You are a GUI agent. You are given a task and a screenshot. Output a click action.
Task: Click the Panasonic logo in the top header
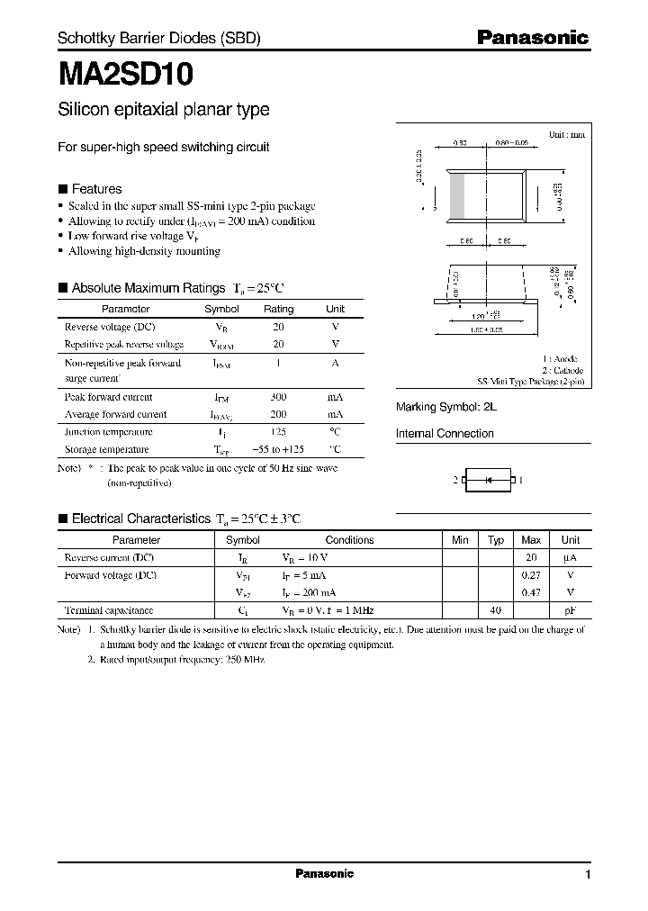coord(532,38)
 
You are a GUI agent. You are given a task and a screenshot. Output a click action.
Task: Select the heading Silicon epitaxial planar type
coord(163,110)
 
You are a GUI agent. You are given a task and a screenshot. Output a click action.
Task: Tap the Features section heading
coord(96,189)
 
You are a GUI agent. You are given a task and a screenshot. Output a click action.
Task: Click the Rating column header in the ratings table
coord(278,309)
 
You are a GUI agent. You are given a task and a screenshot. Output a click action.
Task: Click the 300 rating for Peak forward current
coord(278,397)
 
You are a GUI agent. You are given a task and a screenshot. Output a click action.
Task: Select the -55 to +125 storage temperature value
coord(278,449)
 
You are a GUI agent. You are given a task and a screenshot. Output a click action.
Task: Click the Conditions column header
coord(349,540)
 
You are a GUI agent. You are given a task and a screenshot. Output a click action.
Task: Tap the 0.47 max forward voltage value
coord(531,592)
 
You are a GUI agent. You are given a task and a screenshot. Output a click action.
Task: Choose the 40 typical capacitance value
coord(495,609)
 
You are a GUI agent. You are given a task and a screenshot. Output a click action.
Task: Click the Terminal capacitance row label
coord(109,609)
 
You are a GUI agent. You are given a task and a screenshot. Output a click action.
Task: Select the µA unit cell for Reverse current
coord(571,557)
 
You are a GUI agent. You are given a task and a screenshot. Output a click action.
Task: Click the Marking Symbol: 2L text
coord(446,407)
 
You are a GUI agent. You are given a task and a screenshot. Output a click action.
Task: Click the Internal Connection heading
coord(445,433)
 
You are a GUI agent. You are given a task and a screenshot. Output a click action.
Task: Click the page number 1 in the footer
coord(588,875)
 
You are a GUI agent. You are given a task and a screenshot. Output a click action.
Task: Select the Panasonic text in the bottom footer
coord(324,874)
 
